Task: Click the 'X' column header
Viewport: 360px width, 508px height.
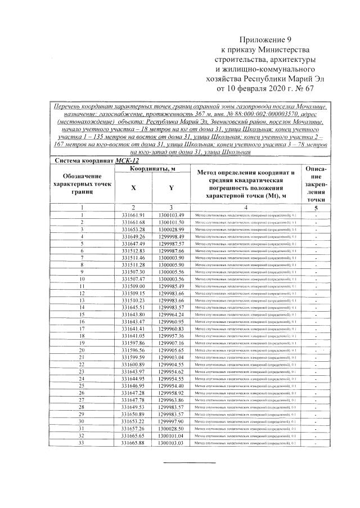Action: pos(133,187)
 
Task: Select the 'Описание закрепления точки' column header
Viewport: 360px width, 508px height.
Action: pos(317,183)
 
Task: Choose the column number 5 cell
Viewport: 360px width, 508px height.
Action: pos(317,207)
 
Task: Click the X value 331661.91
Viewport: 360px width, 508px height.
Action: pos(133,215)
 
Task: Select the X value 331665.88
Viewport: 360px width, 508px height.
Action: pos(133,443)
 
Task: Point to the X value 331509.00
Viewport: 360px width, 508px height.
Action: pos(133,286)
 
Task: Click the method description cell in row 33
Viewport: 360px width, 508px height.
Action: pos(246,443)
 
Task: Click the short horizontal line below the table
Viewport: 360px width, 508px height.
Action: pos(189,462)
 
